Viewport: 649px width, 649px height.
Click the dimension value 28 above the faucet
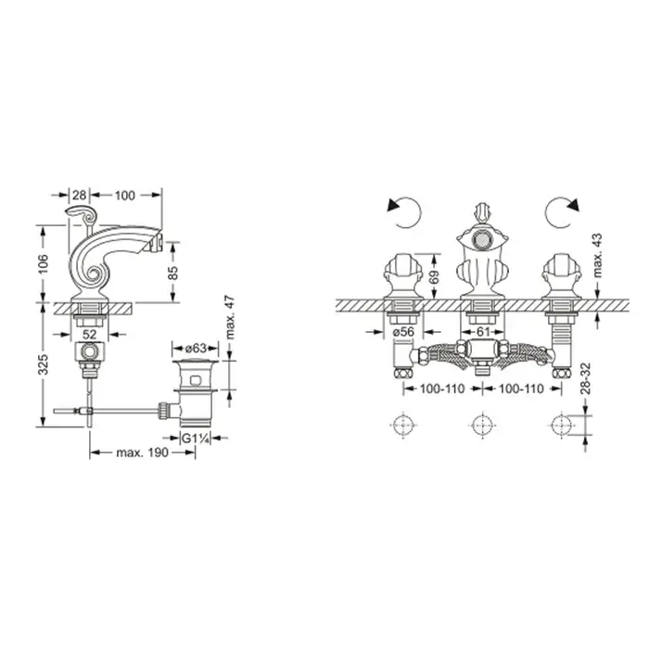(79, 195)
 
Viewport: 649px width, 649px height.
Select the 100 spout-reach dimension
(124, 195)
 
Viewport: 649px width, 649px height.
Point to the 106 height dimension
(43, 263)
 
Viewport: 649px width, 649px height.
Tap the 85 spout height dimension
(173, 273)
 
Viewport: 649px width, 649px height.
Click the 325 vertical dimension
(43, 364)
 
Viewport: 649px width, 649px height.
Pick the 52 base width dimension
(89, 334)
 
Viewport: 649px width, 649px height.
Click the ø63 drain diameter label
(196, 349)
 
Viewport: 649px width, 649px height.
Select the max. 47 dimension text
(230, 317)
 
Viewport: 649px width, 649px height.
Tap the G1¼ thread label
(195, 438)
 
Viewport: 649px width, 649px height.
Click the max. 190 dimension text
(143, 452)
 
